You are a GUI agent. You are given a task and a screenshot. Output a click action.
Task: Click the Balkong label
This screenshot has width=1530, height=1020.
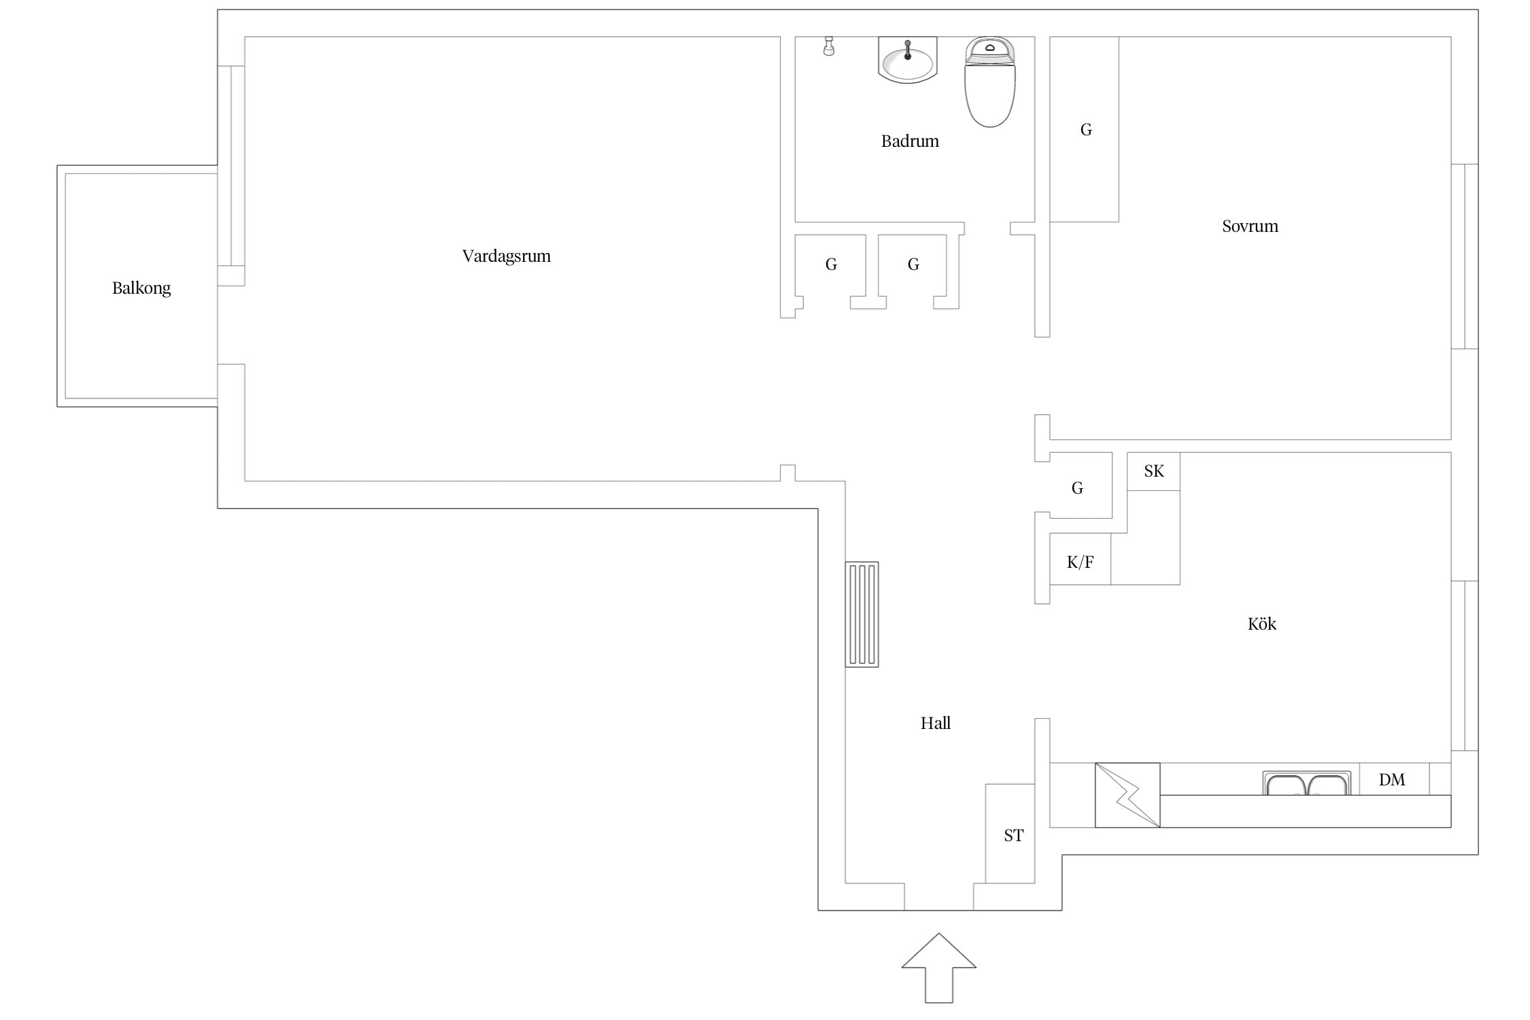tap(141, 288)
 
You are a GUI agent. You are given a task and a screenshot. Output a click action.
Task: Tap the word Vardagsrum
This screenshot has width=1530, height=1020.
tap(507, 256)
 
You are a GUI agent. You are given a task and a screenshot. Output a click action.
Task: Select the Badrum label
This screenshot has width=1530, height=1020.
tap(910, 141)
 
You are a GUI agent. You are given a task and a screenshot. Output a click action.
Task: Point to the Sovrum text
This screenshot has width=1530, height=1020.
tap(1250, 226)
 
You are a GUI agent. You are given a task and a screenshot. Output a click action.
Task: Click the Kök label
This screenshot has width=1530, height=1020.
tap(1262, 624)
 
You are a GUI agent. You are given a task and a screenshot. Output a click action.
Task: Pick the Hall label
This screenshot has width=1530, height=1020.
tap(936, 723)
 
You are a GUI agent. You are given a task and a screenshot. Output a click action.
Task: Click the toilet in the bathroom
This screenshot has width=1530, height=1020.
tap(990, 82)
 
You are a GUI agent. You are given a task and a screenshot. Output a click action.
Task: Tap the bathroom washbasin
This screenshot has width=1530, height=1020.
tap(908, 60)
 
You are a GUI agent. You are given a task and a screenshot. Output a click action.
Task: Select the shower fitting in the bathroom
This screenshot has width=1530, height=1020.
tap(828, 46)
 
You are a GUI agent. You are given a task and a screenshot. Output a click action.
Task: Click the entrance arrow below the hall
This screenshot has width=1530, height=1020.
tap(939, 967)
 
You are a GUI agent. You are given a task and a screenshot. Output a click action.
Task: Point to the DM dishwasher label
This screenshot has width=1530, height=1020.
tap(1392, 780)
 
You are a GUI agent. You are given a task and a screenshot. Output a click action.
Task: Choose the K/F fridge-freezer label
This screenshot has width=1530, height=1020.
tap(1081, 562)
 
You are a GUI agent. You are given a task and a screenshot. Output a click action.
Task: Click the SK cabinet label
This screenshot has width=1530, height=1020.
tap(1154, 471)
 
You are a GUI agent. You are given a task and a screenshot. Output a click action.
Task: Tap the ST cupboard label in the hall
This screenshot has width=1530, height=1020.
tap(1014, 836)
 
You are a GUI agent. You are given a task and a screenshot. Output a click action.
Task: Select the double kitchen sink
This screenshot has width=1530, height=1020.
tap(1307, 783)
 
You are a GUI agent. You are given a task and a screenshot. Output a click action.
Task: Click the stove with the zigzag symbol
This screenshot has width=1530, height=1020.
tap(1127, 795)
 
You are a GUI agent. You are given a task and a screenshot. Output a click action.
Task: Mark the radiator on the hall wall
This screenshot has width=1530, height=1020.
tap(862, 614)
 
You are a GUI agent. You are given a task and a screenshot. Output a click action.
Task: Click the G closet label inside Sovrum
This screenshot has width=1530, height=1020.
tap(1086, 130)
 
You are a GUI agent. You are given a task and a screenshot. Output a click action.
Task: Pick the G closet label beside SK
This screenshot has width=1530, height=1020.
tap(1077, 488)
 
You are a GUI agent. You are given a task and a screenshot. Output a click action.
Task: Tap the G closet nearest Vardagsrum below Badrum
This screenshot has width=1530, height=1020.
tap(831, 265)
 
